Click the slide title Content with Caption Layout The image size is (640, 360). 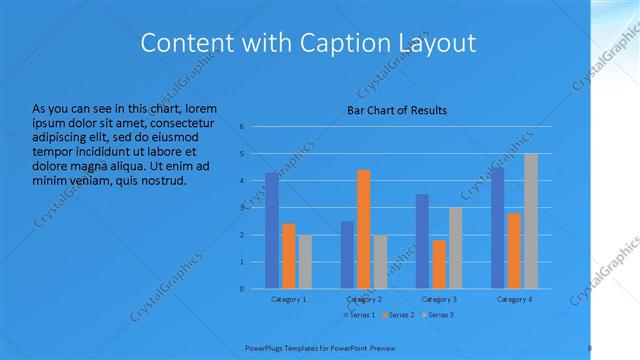(307, 43)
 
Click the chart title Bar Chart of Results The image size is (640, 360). (397, 110)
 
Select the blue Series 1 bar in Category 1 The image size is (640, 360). (272, 230)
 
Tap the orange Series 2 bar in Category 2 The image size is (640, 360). (363, 229)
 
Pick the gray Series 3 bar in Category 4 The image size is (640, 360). (530, 221)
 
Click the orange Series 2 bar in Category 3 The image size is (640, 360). (439, 264)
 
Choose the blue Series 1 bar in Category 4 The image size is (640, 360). (498, 228)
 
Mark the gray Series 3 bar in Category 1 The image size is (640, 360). (305, 262)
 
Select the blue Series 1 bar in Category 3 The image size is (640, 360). (422, 241)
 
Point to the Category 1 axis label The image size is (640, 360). (289, 299)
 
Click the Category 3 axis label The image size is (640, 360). (439, 299)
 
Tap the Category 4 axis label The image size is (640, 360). (514, 299)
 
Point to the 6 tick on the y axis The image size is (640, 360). (242, 127)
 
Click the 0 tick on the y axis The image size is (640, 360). (242, 288)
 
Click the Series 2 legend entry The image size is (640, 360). (399, 315)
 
